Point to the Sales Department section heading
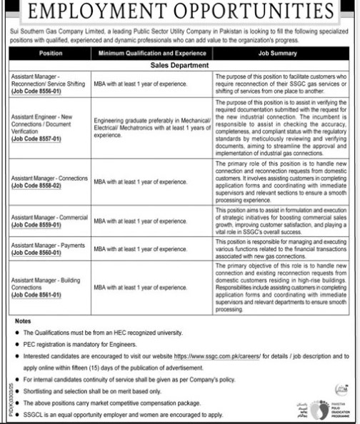(x=179, y=64)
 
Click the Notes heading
(x=24, y=322)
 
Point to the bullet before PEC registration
(x=16, y=343)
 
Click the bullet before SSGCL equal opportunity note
(x=16, y=413)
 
